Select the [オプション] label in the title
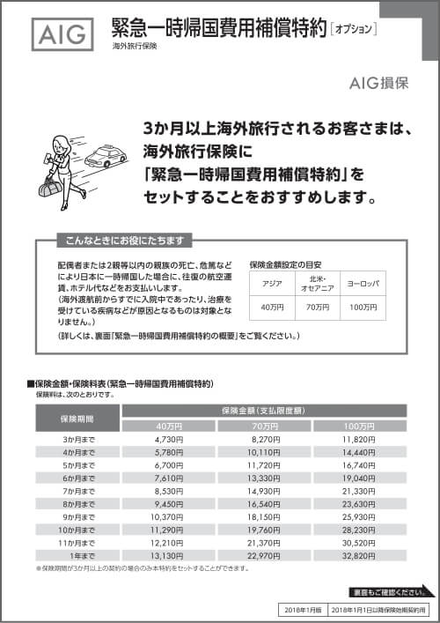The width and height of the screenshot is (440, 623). tap(354, 28)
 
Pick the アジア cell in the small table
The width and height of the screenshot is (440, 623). tap(270, 284)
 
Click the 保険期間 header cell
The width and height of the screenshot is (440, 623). tap(77, 419)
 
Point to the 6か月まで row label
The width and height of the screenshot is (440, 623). tap(77, 478)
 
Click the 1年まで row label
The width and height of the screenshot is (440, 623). tap(77, 557)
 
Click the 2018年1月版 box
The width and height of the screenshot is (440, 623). tap(297, 609)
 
